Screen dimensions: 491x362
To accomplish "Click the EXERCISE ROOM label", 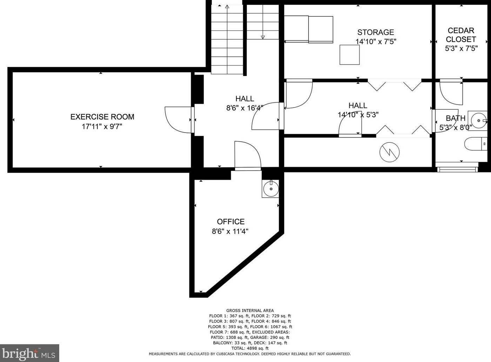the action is point(102,117).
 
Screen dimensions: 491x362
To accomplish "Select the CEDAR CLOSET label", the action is point(461,35).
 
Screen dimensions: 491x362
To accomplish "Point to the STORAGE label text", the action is point(376,32).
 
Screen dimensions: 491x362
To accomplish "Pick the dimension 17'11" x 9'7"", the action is point(102,127).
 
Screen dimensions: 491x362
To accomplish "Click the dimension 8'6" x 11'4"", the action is point(230,231).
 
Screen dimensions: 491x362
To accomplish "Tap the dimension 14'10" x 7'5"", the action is point(376,42).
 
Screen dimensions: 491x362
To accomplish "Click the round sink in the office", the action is point(271,189).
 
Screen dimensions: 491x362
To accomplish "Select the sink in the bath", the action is point(479,121).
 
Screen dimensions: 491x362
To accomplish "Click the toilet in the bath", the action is point(476,144).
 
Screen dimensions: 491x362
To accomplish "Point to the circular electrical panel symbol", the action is point(389,152).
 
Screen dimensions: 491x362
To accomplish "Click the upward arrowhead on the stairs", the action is point(227,7).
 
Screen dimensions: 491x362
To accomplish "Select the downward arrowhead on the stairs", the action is point(263,37).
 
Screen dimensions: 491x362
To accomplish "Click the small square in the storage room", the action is point(350,55).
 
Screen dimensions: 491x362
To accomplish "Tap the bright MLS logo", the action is point(29,353).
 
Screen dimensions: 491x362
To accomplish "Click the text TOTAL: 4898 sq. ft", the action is point(250,348).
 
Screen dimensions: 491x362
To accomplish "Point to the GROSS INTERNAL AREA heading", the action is point(250,310).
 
